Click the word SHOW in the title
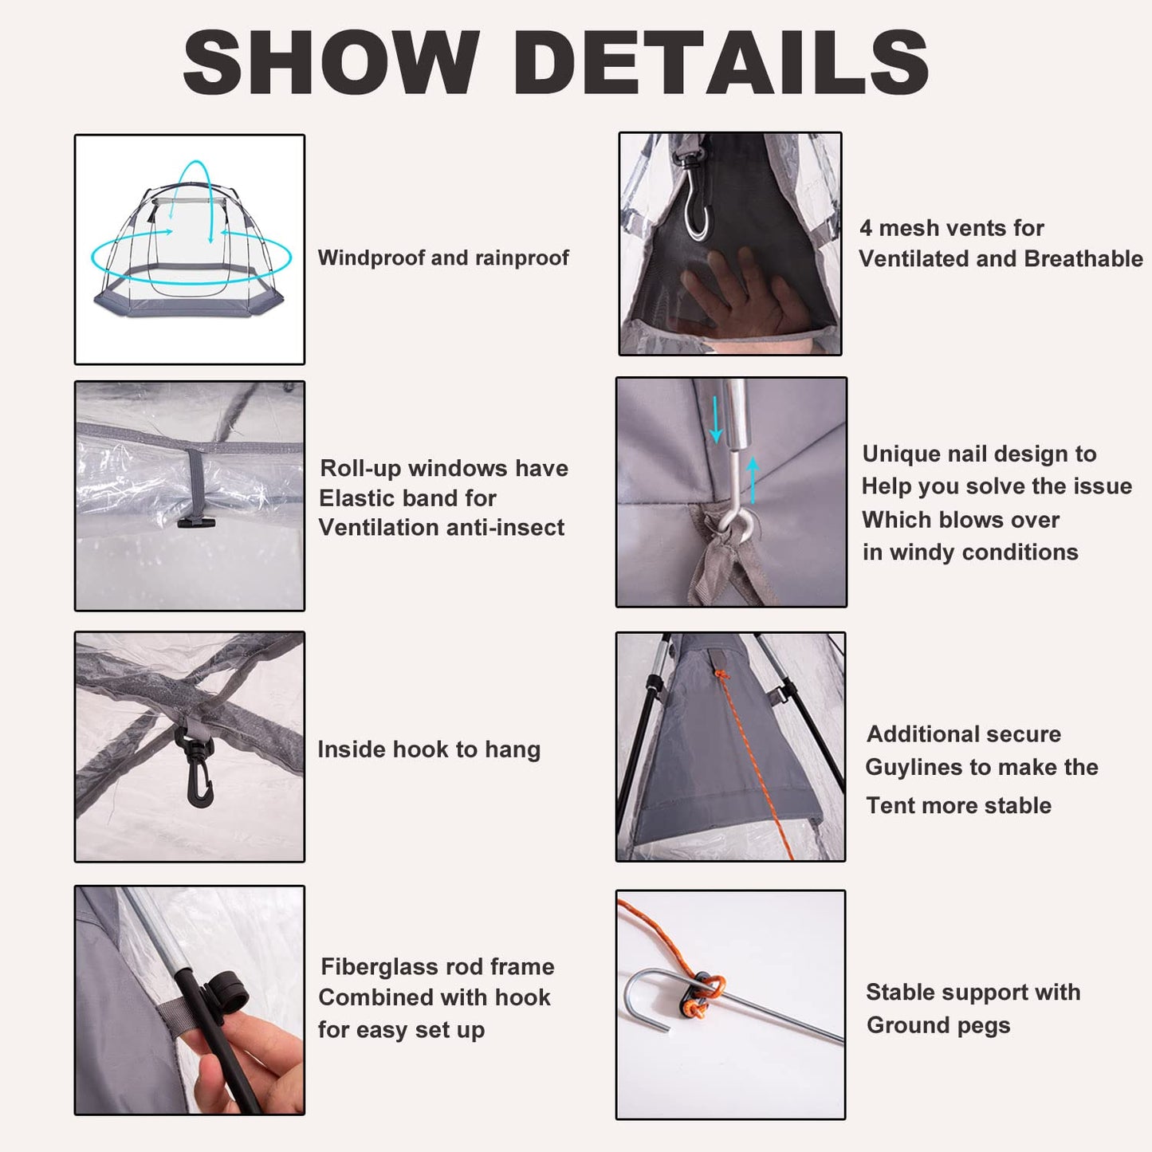pyautogui.click(x=331, y=62)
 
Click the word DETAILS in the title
pyautogui.click(x=729, y=62)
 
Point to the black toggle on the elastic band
pyautogui.click(x=195, y=522)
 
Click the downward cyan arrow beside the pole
pyautogui.click(x=716, y=419)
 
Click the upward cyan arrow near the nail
pyautogui.click(x=753, y=480)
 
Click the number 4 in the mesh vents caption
pyautogui.click(x=865, y=228)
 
